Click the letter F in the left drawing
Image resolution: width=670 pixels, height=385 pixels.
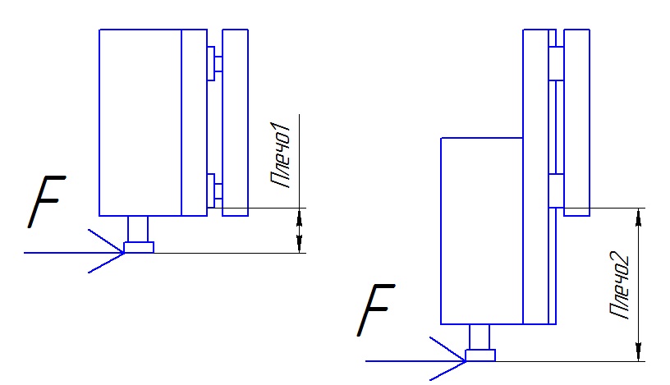pos(47,201)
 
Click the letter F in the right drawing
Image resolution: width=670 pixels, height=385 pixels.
pos(376,309)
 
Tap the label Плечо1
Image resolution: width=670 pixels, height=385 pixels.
pos(281,155)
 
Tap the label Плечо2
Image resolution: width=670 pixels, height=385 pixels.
pos(620,286)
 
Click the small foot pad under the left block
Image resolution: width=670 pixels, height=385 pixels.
pos(139,247)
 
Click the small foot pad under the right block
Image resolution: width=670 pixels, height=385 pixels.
pos(480,355)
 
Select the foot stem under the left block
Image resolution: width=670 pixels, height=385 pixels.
pos(138,229)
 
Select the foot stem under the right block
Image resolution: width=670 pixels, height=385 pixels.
pos(480,337)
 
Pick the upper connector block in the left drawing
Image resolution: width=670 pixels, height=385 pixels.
pos(214,63)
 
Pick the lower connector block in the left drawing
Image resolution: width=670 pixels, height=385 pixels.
pos(214,191)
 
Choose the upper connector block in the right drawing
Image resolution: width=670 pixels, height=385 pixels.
pos(557,63)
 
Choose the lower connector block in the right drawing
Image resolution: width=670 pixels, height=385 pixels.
pos(557,191)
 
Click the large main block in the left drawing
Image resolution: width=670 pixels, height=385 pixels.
pos(140,122)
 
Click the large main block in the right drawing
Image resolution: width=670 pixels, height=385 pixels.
pos(482,231)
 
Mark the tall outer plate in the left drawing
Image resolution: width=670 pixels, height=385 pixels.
pos(236,122)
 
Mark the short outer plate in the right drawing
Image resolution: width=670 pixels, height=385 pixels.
pos(577,122)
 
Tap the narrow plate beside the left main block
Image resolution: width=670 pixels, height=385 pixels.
pos(195,122)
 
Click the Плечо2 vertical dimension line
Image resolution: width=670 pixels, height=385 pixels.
pos(638,285)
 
